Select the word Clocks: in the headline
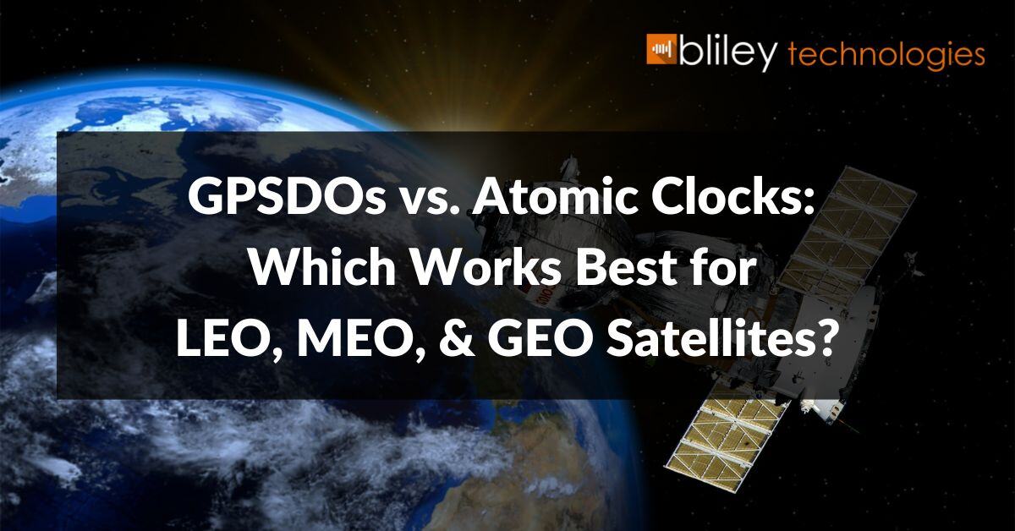tap(727, 198)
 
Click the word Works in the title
tap(493, 268)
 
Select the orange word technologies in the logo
tap(886, 55)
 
